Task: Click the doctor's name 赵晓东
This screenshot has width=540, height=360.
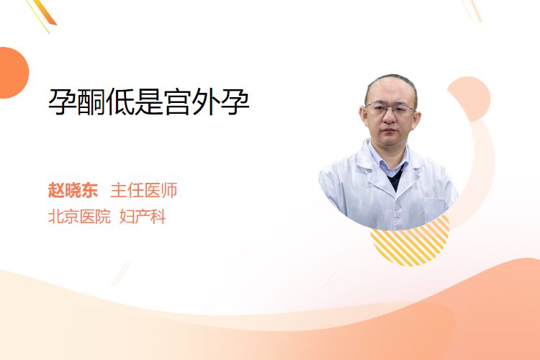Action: tap(73, 190)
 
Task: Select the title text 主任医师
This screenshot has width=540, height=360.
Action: tap(144, 190)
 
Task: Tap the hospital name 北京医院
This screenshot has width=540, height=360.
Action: tap(79, 217)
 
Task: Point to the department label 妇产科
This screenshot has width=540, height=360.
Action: tap(143, 217)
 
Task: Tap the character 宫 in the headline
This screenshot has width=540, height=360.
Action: tap(177, 102)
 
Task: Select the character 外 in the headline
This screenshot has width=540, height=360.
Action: tap(206, 102)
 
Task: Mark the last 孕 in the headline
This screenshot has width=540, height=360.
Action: tap(235, 102)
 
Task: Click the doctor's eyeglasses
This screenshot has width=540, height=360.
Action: tap(390, 109)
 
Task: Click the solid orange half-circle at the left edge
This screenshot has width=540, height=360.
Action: tap(13, 73)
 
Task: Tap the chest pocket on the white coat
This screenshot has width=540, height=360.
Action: tap(436, 209)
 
